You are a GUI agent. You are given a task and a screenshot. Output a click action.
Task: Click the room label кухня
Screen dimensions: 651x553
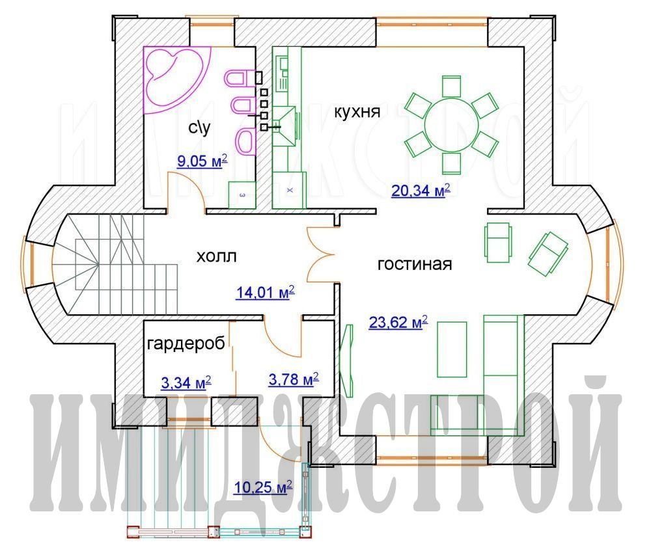tap(357, 112)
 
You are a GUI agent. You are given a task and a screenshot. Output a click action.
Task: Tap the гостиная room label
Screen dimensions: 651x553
tap(414, 264)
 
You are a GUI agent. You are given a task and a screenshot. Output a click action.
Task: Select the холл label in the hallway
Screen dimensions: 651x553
tap(216, 256)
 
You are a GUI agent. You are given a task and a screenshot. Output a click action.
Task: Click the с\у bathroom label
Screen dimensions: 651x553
tap(199, 128)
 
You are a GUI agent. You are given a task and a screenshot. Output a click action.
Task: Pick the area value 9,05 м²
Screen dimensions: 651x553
tap(202, 160)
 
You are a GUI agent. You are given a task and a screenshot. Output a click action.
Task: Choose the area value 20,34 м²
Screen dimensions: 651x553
tap(421, 191)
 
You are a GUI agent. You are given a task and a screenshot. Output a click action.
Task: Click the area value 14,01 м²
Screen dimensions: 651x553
tap(266, 292)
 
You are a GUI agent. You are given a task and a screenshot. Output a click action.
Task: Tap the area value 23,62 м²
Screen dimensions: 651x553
tap(398, 322)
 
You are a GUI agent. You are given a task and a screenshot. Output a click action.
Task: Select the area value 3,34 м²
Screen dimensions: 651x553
tap(186, 383)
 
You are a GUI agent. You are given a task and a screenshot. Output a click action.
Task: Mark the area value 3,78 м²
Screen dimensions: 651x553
tap(294, 379)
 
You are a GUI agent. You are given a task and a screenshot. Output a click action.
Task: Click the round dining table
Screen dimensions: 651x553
tap(451, 124)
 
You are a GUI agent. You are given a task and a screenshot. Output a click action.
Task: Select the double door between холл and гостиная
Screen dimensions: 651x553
tap(320, 254)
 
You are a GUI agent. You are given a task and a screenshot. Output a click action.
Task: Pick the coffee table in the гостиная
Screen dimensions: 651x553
tap(452, 349)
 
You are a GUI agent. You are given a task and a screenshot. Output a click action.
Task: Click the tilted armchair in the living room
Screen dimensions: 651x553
tap(547, 254)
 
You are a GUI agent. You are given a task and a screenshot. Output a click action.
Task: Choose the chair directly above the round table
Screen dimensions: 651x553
tap(451, 87)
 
